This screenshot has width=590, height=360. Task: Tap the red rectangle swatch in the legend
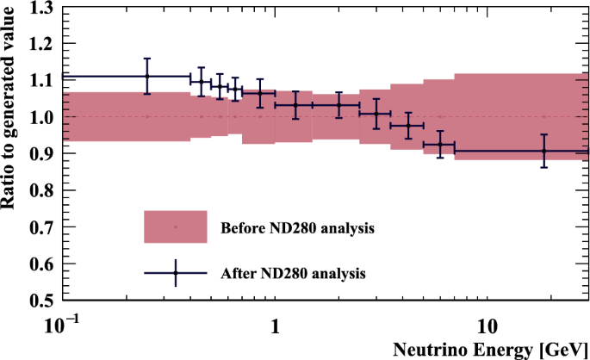175,227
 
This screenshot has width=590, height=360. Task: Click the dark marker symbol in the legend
175,273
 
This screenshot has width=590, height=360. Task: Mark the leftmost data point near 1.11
147,77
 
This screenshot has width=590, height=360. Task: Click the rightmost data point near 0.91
543,151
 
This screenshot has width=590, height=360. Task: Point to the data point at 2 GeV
338,104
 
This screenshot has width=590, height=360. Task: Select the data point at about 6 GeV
440,145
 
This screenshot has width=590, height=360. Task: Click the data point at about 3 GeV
376,114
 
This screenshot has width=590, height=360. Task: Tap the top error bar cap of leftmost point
147,59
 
